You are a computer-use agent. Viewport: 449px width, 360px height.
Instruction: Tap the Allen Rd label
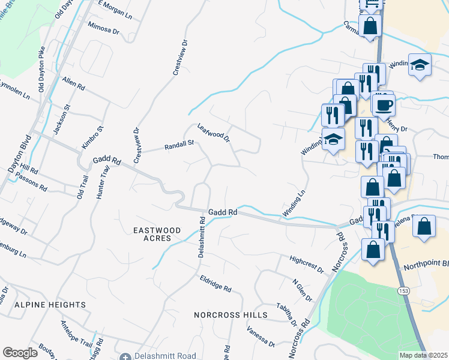pyautogui.click(x=73, y=84)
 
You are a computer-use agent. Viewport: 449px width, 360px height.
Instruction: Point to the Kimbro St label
pyautogui.click(x=93, y=137)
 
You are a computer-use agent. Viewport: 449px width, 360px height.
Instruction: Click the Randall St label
pyautogui.click(x=179, y=145)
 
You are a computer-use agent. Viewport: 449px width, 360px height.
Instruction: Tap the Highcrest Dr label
pyautogui.click(x=306, y=264)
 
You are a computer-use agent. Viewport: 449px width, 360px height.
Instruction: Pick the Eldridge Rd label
pyautogui.click(x=215, y=284)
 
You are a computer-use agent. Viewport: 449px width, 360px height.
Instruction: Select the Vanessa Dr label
pyautogui.click(x=261, y=337)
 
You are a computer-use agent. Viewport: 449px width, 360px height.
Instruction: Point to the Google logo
pyautogui.click(x=20, y=353)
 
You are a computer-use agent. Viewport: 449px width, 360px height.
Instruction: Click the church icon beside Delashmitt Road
pyautogui.click(x=125, y=357)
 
